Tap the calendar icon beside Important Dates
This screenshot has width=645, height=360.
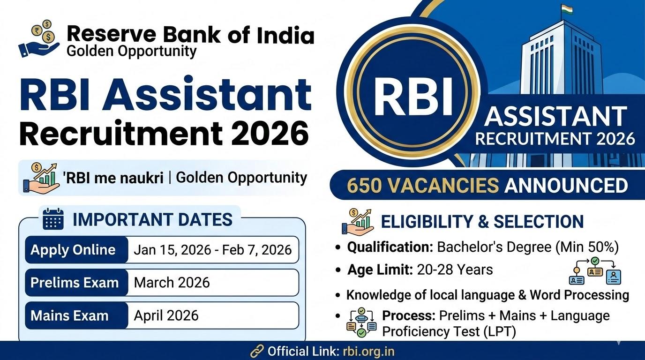click(53, 219)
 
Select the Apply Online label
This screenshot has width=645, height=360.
click(73, 249)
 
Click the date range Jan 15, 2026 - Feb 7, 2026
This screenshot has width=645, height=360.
click(212, 250)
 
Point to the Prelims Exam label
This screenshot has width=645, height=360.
click(75, 283)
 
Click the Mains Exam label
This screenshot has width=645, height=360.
click(69, 315)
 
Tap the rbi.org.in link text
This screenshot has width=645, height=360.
click(368, 351)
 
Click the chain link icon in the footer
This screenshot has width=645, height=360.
click(257, 351)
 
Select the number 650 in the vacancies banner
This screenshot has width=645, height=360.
click(366, 186)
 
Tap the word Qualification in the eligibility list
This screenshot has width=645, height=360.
click(390, 247)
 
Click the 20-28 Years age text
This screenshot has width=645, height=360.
click(454, 270)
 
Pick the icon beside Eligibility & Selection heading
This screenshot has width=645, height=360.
click(358, 222)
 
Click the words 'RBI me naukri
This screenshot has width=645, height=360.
click(112, 179)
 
